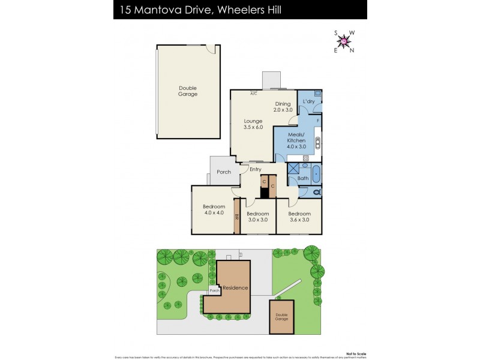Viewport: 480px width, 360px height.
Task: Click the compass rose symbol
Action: (344, 41)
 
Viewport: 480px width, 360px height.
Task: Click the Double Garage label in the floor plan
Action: (188, 91)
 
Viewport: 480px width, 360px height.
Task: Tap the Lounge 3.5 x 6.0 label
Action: (253, 124)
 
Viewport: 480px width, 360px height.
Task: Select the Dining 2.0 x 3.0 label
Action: (283, 107)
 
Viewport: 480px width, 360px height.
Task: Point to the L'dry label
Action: (308, 101)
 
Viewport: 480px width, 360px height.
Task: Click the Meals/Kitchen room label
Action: (296, 140)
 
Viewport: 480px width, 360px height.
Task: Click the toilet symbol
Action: (316, 192)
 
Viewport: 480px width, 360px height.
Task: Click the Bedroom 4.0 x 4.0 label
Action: (214, 209)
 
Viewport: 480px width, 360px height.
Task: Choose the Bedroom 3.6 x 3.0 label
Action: (299, 217)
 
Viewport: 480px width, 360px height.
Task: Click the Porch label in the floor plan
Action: (224, 172)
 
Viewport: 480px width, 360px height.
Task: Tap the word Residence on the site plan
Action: (235, 288)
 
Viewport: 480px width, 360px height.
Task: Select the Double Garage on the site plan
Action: (282, 316)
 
